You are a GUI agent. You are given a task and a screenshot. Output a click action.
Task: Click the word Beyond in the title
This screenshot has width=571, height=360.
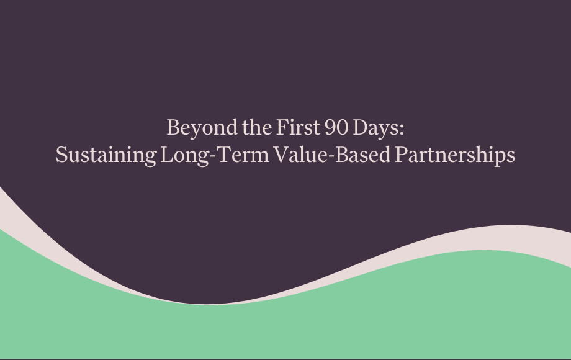coord(193,128)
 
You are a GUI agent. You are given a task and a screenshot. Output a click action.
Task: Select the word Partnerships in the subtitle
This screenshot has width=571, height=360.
coord(455,155)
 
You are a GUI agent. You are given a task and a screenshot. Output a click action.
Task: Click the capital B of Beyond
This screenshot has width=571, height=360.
coord(173,128)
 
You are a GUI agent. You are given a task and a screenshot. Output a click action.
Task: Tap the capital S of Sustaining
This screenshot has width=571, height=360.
coord(61,155)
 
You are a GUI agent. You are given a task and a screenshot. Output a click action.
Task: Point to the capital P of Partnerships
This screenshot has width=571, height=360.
coord(401,155)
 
